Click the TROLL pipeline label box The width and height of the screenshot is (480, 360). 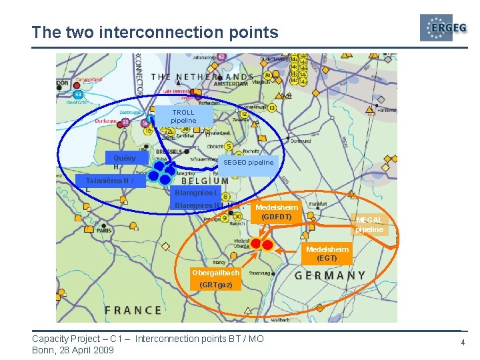point(183,116)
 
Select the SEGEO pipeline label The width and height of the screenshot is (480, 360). point(248,162)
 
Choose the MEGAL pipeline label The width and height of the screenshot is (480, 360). point(369,225)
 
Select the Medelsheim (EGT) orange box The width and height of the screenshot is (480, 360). point(327,253)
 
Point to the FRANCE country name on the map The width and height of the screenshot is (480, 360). point(133,310)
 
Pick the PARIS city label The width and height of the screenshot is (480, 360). point(103,231)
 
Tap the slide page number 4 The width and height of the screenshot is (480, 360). point(461,343)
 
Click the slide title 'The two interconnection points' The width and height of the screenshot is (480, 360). point(155,32)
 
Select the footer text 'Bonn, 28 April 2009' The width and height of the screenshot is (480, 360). point(73,350)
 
